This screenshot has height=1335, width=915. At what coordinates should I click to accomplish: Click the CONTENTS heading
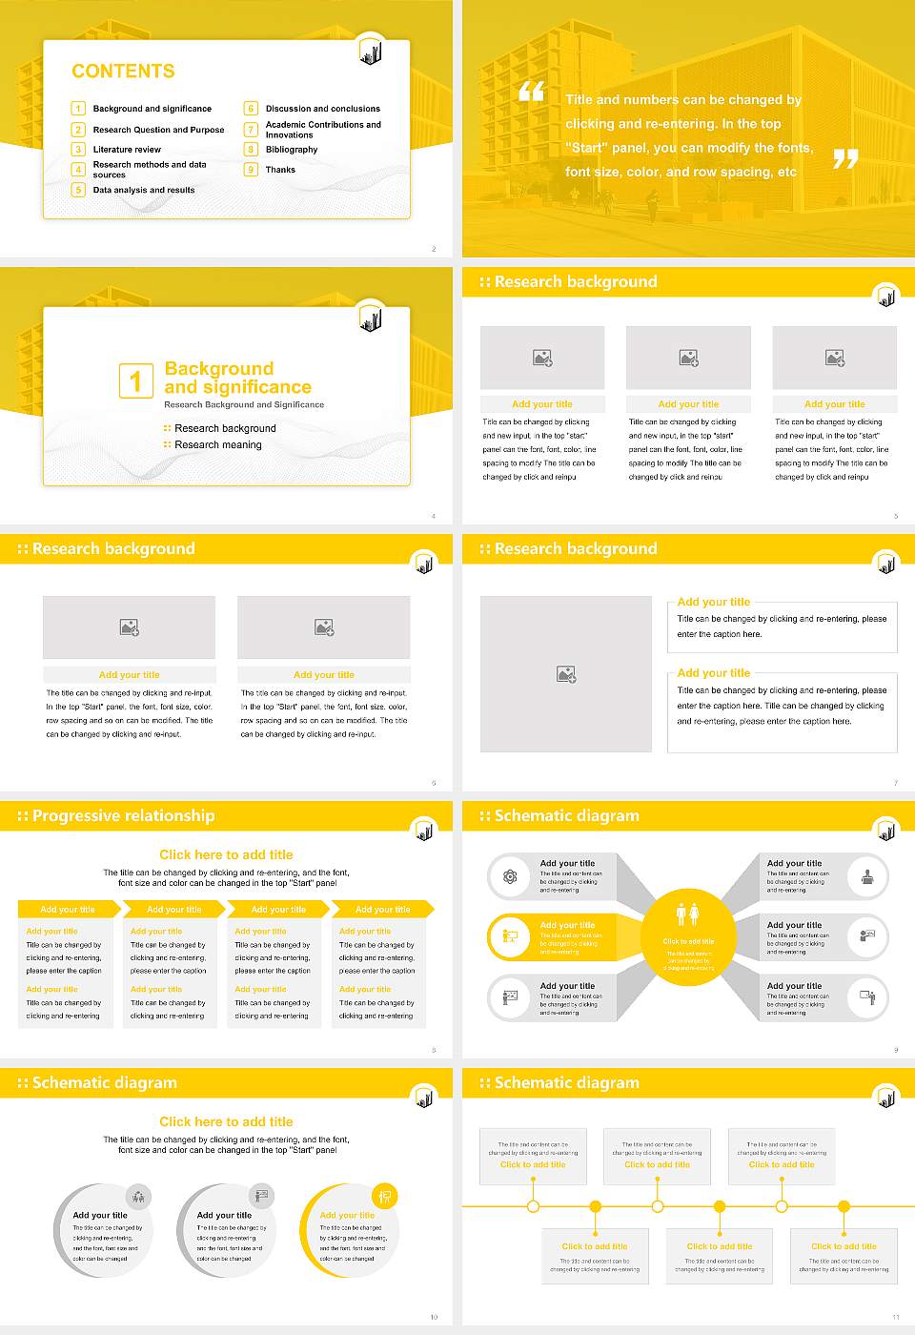(x=123, y=72)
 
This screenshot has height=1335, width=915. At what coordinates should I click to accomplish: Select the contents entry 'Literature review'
(x=127, y=150)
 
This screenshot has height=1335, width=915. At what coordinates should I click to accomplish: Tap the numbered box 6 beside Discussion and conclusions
(x=251, y=109)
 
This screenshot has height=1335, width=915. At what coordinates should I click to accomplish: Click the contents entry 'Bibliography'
(x=292, y=150)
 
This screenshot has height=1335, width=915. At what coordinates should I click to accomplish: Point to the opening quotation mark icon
(x=531, y=92)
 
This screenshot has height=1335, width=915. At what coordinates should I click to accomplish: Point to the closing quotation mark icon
(x=845, y=159)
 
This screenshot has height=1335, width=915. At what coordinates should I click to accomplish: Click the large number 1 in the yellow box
(x=135, y=380)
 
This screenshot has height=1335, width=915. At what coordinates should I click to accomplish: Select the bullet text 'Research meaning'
(x=217, y=445)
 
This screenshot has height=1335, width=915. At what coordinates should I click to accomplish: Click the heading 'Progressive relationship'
(x=123, y=815)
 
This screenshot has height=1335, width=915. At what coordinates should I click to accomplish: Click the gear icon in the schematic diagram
(x=510, y=876)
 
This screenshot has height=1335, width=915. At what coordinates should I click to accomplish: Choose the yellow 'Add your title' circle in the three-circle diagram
(x=348, y=1230)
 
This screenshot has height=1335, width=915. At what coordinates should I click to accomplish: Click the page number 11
(x=895, y=1317)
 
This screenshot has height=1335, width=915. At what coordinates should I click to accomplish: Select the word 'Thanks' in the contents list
(x=280, y=170)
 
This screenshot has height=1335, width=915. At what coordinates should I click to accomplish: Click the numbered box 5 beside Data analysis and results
(x=78, y=190)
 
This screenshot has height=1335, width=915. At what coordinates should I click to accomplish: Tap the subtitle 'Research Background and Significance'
(x=244, y=404)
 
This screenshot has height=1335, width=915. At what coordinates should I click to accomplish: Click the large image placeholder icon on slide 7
(x=566, y=674)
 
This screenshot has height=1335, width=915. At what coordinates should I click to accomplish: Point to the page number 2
(x=434, y=249)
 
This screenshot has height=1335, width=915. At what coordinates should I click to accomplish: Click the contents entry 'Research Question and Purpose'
(x=158, y=130)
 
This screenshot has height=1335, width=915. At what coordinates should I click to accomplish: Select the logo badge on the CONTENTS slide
(x=371, y=52)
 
